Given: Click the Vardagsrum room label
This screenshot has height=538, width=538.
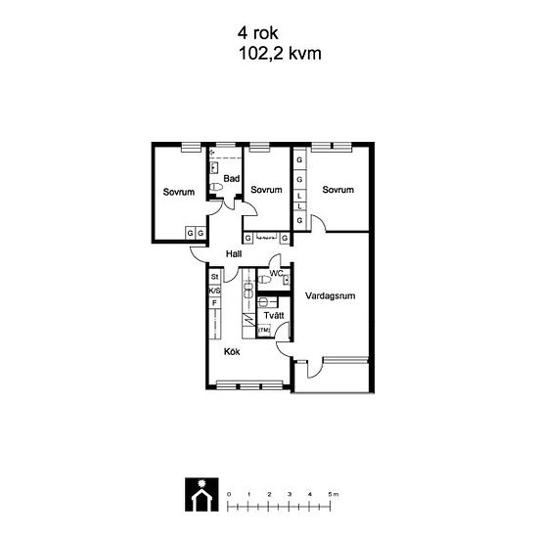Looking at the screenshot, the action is [x=330, y=295].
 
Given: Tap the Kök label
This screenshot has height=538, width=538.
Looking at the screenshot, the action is [x=232, y=352].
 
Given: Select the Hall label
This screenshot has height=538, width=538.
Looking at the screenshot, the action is [x=234, y=254].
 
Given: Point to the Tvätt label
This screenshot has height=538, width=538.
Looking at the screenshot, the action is [x=274, y=315].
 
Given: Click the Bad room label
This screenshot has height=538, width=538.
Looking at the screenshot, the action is [x=231, y=178].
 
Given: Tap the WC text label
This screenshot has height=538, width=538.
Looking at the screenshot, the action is [x=276, y=274].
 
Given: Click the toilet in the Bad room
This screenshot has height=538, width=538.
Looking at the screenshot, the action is [x=216, y=187].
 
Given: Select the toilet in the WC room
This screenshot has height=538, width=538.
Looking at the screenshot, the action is [x=264, y=280].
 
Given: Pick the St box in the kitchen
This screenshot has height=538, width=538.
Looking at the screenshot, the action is [x=215, y=277].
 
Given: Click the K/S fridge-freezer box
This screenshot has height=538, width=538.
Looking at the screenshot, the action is [x=215, y=291].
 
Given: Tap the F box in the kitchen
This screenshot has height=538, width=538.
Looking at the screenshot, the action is [x=215, y=303].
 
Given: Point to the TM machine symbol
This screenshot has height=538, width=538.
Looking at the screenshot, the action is [x=264, y=330].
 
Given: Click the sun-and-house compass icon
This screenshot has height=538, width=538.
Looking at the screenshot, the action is [x=202, y=494].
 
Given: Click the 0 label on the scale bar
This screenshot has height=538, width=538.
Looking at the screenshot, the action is [x=229, y=494].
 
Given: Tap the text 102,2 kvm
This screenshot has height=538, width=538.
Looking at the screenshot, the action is [x=280, y=54].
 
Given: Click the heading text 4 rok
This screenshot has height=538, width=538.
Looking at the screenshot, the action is [x=257, y=33].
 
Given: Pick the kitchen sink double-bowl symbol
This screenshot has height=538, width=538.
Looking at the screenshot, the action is [x=248, y=289].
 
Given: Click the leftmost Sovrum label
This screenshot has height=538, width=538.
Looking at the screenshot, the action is [x=179, y=192].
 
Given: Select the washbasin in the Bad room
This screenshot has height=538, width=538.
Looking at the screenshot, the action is [x=214, y=167].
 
